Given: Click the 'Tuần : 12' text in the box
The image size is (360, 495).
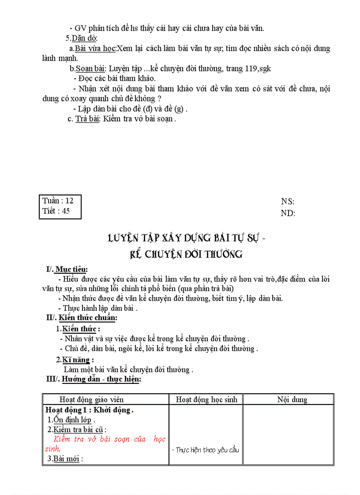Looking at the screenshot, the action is pyautogui.click(x=58, y=201).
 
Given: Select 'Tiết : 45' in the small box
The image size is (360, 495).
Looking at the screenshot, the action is pyautogui.click(x=56, y=211).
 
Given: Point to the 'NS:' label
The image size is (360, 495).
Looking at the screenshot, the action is pyautogui.click(x=288, y=201).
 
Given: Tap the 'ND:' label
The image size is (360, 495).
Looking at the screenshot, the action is pyautogui.click(x=288, y=213).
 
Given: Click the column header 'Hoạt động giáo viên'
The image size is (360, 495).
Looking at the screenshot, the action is pyautogui.click(x=91, y=399).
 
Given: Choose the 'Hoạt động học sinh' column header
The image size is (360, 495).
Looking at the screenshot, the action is pyautogui.click(x=206, y=399).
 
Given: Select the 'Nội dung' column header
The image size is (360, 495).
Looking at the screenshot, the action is pyautogui.click(x=292, y=399).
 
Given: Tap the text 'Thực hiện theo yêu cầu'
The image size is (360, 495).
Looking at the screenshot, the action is pyautogui.click(x=207, y=450).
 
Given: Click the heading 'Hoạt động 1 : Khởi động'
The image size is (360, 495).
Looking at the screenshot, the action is pyautogui.click(x=89, y=410).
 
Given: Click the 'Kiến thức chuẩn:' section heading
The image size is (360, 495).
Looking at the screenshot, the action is pyautogui.click(x=88, y=317).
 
